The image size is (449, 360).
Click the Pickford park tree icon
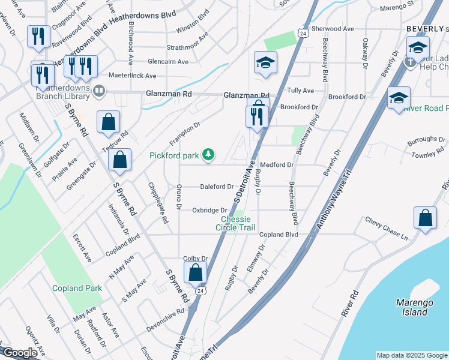click(208, 155)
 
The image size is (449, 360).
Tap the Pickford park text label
click(174, 155)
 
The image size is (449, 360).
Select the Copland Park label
click(76, 288)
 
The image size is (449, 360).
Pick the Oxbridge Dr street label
click(209, 210)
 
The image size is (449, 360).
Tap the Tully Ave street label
click(301, 91)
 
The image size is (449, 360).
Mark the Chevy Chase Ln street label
click(387, 229)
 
